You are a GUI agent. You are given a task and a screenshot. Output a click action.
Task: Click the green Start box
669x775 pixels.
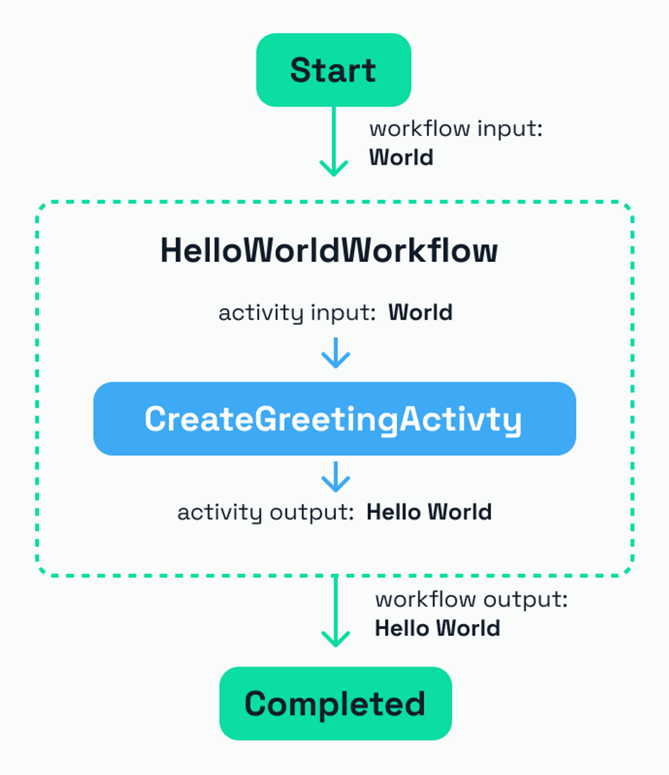click(333, 70)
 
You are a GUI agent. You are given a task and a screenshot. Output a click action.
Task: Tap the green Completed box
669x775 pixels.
click(335, 703)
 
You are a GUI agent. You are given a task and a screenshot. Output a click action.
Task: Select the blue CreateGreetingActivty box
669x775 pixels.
click(334, 419)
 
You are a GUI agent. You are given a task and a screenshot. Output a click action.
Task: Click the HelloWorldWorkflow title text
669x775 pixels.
click(329, 250)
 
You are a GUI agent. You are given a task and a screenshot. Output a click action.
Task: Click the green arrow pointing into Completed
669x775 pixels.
click(336, 610)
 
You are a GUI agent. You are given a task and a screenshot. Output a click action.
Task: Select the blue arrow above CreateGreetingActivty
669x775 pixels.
click(336, 353)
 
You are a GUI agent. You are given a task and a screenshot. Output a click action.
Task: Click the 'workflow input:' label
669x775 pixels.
click(456, 129)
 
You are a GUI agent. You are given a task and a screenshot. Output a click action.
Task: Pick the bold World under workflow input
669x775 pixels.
click(401, 158)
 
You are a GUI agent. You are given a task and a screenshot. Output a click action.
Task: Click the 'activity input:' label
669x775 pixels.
click(297, 312)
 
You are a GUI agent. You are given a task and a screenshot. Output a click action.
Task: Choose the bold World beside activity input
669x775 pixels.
click(420, 312)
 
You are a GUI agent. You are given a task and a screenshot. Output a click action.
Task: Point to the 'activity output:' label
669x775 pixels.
click(265, 512)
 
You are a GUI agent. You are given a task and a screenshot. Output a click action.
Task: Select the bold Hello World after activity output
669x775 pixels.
click(429, 512)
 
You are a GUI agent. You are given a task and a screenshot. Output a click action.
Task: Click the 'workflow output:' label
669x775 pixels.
click(471, 600)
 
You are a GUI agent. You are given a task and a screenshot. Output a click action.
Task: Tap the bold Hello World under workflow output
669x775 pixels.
click(438, 629)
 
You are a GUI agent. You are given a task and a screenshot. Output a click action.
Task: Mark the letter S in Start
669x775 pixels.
click(301, 70)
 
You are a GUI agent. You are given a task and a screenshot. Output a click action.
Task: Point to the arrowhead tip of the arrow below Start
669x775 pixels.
click(334, 174)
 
